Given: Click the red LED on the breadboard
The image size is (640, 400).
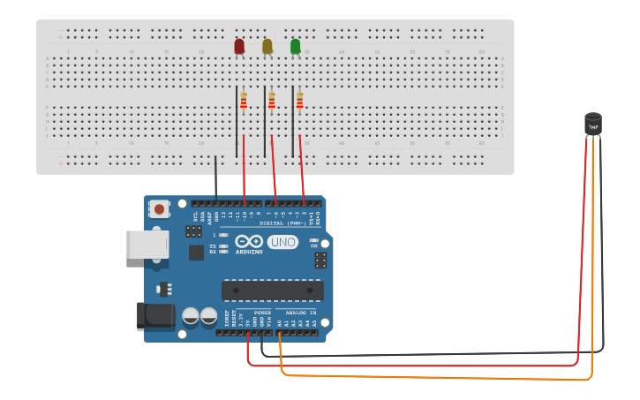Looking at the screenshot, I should tap(239, 46).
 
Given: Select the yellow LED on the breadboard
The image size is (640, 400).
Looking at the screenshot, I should tap(267, 46).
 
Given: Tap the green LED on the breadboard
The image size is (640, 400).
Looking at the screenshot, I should tap(295, 46).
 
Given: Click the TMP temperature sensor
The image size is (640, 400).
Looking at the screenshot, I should tap(593, 125).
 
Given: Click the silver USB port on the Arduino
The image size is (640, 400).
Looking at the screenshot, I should tap(147, 245).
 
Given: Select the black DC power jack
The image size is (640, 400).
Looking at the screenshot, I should tap(155, 316).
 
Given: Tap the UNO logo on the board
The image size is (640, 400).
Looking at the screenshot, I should tap(282, 243).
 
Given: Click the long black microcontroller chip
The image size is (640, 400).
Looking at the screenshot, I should tap(272, 291).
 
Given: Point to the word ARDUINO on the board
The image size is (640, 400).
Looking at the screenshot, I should tap(249, 252).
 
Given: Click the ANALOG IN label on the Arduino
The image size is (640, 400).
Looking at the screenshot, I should tap(296, 313).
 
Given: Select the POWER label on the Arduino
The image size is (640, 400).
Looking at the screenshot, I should tap(262, 313).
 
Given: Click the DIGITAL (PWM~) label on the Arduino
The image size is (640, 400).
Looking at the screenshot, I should tap(282, 223).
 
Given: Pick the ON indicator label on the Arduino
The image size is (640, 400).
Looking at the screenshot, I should tap(312, 245).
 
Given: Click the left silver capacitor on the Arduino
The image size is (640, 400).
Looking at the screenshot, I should tap(191, 316).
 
